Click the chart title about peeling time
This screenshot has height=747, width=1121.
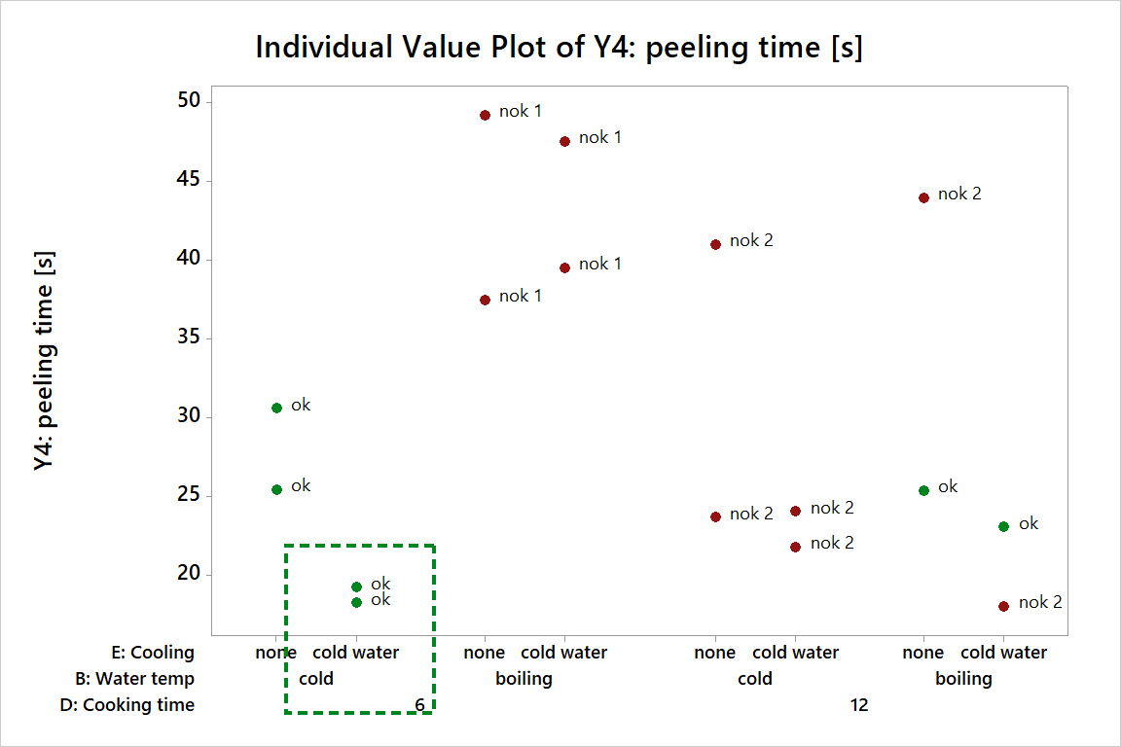559,47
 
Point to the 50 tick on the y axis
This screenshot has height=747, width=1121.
188,101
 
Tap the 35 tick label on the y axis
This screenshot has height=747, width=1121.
188,338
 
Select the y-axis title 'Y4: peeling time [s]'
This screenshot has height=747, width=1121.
45,362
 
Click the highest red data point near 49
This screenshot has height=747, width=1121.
485,115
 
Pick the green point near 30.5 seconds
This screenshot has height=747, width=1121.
276,408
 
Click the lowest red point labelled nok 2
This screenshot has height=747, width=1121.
1003,606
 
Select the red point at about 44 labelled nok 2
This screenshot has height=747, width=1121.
923,197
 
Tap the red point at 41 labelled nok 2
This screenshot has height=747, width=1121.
715,244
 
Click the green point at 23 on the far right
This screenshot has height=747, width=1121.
1003,526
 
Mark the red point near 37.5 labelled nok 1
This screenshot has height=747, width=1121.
485,300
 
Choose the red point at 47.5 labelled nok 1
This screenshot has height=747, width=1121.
564,141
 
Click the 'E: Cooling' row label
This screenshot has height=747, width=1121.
149,653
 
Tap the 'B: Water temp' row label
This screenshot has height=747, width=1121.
134,679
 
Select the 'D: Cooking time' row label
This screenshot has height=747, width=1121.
127,705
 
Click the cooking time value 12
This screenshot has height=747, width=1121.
858,705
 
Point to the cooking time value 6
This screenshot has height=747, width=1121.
419,705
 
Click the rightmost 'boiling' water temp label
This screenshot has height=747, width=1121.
963,679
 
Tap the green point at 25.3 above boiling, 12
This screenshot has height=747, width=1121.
923,490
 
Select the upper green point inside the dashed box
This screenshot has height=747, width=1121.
356,587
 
